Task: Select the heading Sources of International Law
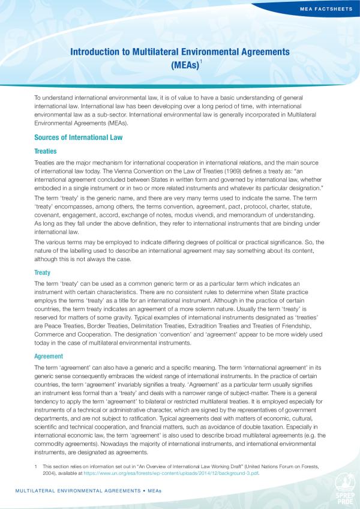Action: click(79, 137)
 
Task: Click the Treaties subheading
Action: click(46, 151)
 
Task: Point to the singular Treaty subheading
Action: click(43, 272)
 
